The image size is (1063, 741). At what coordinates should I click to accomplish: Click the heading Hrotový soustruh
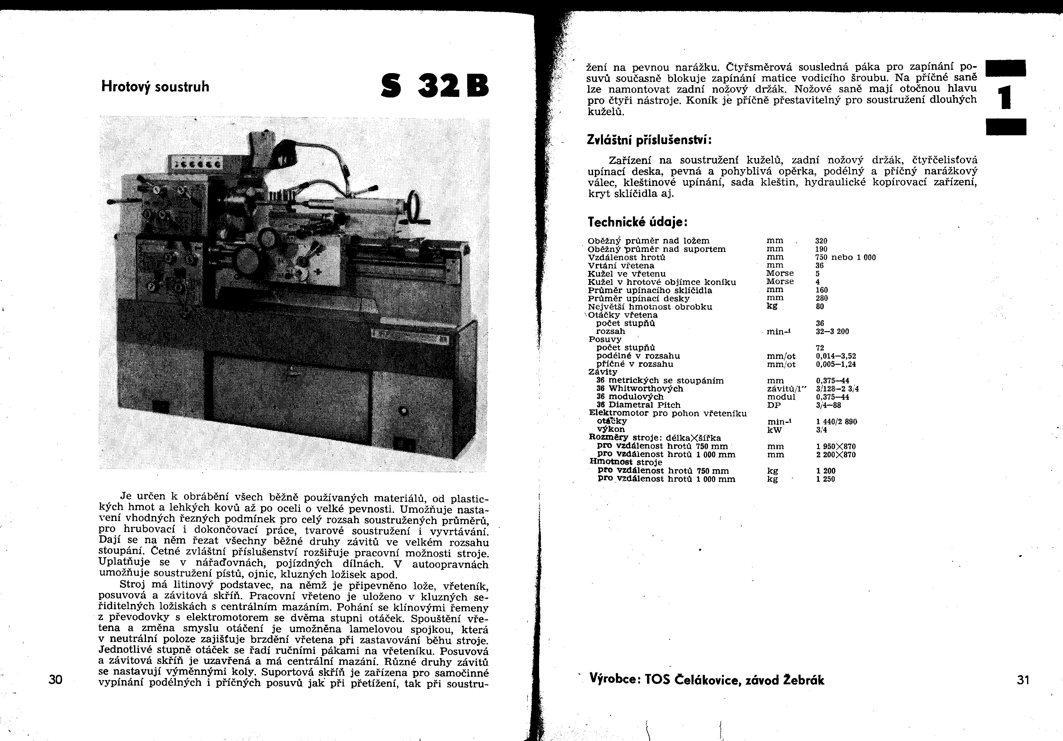pyautogui.click(x=155, y=87)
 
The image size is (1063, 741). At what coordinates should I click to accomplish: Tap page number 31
pyautogui.click(x=1023, y=680)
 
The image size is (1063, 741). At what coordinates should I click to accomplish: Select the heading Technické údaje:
pyautogui.click(x=638, y=222)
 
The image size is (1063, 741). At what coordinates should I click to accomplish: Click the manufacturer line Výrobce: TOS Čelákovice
pyautogui.click(x=707, y=679)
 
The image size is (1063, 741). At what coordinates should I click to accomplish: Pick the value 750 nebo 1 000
pyautogui.click(x=845, y=257)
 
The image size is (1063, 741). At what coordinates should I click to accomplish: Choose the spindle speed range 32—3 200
pyautogui.click(x=832, y=331)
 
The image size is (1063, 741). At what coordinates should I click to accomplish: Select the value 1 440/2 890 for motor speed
pyautogui.click(x=836, y=422)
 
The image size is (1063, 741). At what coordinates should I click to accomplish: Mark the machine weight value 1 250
pyautogui.click(x=826, y=479)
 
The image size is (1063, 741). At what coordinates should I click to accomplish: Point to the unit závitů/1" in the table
pyautogui.click(x=787, y=389)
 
